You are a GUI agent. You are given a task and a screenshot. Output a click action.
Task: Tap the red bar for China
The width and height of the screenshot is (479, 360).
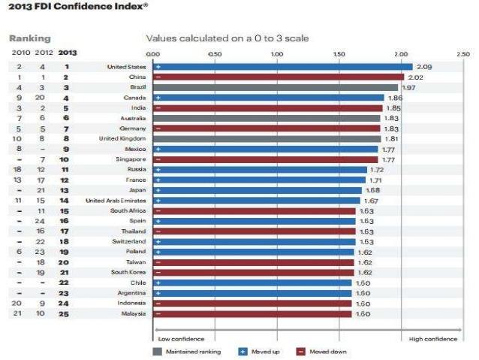278,77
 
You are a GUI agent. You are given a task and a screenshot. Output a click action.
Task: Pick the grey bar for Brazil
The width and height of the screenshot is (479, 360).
275,87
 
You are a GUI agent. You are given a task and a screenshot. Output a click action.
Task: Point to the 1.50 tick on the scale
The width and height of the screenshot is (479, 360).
338,54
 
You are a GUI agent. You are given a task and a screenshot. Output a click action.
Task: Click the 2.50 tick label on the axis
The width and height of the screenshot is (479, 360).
462,54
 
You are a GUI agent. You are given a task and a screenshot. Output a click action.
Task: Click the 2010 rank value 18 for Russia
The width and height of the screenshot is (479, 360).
18,170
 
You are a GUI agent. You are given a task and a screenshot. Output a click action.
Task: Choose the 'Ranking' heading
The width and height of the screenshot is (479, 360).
29,38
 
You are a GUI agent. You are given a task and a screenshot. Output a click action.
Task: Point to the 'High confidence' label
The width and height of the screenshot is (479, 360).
432,339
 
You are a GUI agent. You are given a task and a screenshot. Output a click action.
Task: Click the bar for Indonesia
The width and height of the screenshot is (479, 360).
252,303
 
